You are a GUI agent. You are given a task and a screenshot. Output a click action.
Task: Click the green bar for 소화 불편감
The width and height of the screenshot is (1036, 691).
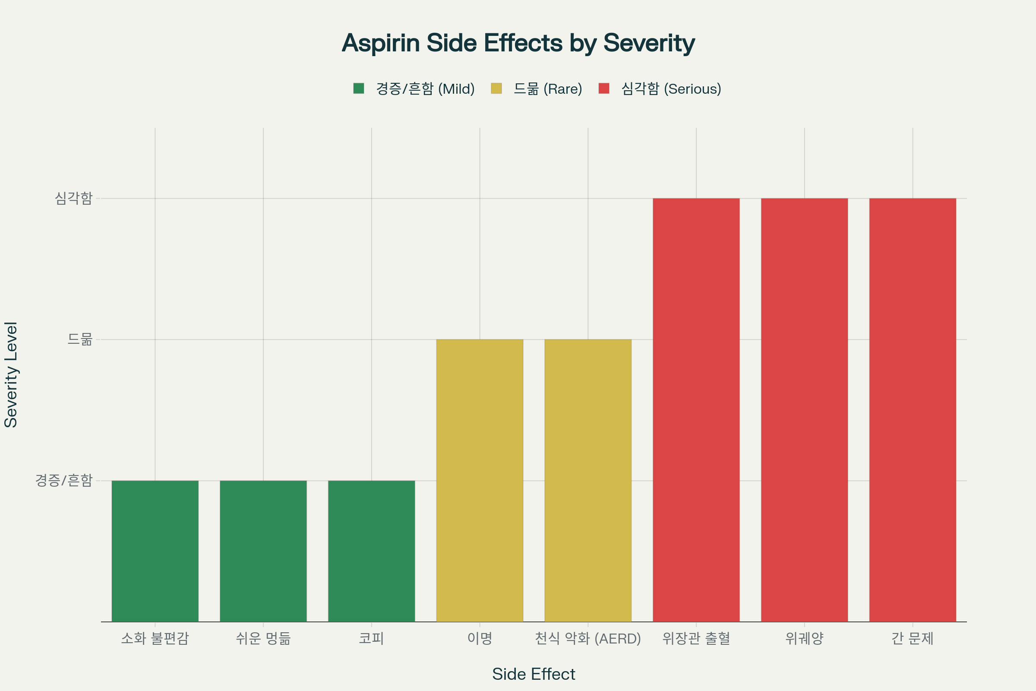(155, 551)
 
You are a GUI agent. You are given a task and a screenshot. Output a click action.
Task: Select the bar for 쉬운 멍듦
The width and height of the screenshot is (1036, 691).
(263, 551)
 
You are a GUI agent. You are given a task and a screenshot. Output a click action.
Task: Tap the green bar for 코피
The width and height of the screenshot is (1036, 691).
(371, 551)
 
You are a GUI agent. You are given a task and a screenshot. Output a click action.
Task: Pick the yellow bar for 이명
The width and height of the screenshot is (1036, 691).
(480, 480)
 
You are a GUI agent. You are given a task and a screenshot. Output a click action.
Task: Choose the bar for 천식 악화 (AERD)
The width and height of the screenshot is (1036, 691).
(588, 480)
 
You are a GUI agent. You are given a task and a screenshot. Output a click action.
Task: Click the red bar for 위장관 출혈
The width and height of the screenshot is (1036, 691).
(696, 410)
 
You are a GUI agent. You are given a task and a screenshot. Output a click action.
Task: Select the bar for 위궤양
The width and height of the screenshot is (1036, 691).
(804, 410)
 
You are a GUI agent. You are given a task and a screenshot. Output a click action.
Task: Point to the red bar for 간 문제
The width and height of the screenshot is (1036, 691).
(913, 410)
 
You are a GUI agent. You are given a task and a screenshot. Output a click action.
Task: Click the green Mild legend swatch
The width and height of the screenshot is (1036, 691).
(359, 89)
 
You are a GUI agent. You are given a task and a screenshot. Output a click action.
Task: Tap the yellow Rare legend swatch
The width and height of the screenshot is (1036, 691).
(496, 89)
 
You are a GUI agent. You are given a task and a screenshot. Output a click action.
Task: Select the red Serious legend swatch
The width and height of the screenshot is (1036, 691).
(604, 89)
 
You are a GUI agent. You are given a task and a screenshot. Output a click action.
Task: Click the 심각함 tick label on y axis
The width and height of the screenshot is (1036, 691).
(73, 198)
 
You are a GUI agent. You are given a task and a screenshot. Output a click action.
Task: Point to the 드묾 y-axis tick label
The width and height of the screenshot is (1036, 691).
(80, 339)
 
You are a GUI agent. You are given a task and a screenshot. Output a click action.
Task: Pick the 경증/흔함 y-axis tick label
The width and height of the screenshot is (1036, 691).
(64, 480)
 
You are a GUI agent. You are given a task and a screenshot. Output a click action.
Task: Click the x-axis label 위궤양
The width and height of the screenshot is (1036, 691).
(804, 638)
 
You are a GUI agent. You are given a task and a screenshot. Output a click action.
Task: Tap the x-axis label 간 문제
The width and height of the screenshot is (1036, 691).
(913, 638)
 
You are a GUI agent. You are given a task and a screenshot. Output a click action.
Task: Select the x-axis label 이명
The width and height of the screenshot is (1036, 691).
(480, 638)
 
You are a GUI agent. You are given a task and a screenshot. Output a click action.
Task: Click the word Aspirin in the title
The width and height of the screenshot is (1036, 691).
(381, 43)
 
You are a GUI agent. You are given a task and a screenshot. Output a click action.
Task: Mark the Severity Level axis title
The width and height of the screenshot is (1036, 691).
(10, 374)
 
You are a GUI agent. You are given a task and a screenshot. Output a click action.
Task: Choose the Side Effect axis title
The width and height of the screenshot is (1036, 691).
(534, 674)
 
